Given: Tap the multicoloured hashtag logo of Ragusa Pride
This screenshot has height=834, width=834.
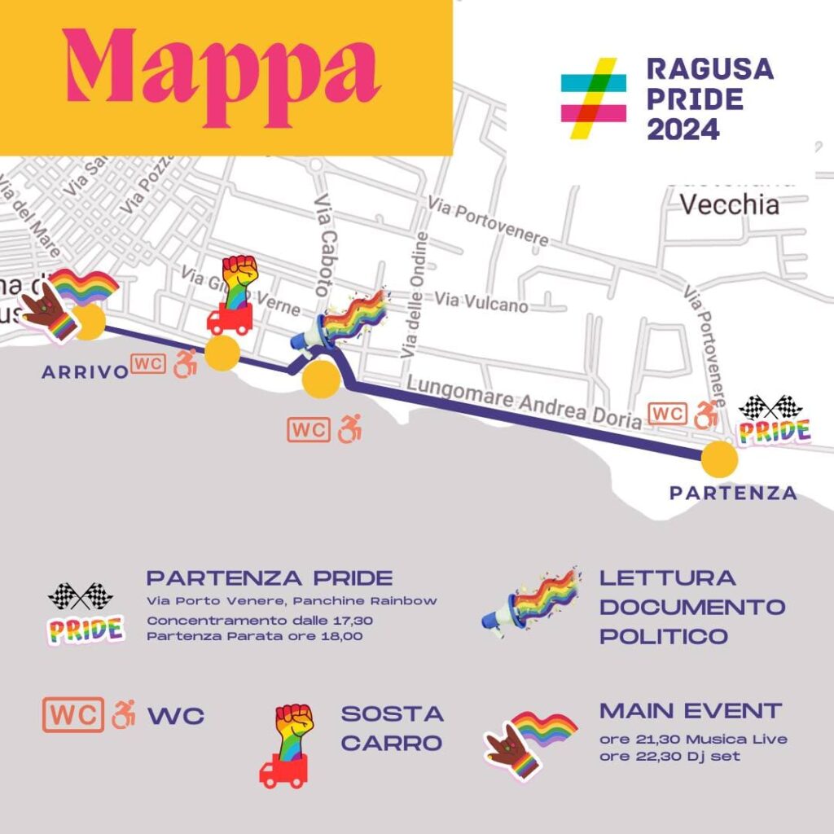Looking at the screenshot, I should [x=594, y=98].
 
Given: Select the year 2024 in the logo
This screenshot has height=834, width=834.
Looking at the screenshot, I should [x=683, y=129].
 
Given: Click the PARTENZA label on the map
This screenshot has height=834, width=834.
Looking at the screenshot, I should [x=733, y=493].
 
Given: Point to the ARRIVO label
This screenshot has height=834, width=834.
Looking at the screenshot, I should [x=86, y=372].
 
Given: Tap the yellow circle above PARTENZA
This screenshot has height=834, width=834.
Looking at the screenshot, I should [x=720, y=459].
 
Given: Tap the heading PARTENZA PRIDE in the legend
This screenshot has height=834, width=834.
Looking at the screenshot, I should [x=270, y=579].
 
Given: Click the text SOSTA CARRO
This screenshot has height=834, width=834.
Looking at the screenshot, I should [x=392, y=728].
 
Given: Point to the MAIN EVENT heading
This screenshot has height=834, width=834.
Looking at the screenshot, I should [x=691, y=710].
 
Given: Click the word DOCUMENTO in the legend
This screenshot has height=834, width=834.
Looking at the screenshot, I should [x=692, y=607].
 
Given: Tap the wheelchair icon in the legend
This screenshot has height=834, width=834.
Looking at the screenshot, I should [x=124, y=714].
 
